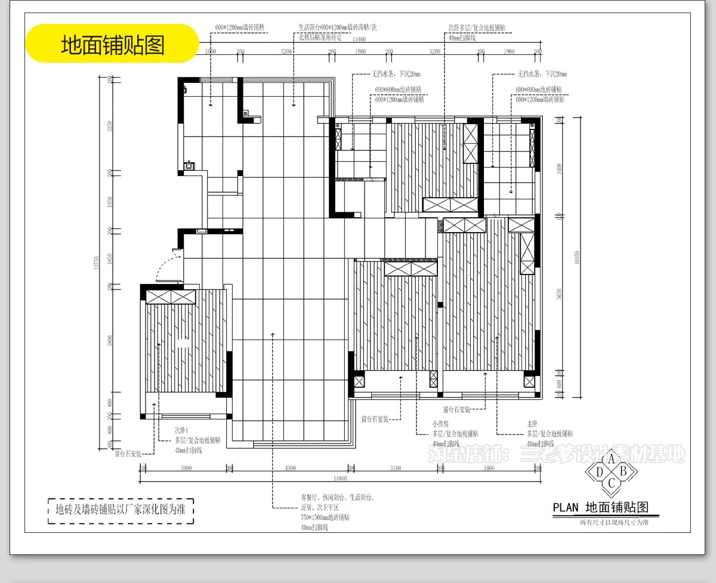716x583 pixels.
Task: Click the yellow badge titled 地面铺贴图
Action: pos(112,44)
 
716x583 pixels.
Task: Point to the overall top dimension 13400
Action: pos(359,39)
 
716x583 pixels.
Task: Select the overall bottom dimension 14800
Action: pos(341,478)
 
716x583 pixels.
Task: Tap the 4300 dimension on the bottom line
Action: pos(290,468)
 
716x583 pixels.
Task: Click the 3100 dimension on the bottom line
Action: pos(395,468)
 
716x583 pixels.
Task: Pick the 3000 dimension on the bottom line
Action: pos(186,468)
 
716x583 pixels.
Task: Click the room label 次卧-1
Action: pos(181,430)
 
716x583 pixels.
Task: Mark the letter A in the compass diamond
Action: pos(611,459)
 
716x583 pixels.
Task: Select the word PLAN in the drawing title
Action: pos(566,508)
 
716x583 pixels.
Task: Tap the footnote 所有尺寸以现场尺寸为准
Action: pos(614,522)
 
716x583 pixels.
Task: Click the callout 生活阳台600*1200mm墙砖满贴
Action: pos(338,27)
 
